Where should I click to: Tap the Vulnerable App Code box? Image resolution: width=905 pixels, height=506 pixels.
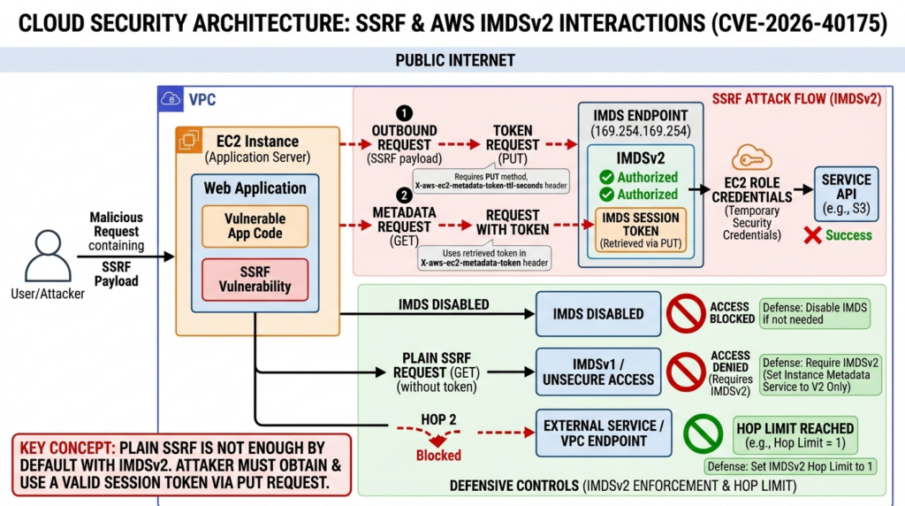255,226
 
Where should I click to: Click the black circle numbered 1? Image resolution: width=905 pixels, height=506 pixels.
404,113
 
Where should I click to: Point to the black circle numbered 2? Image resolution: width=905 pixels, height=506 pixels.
404,196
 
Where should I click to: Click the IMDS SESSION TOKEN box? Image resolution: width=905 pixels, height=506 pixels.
642,229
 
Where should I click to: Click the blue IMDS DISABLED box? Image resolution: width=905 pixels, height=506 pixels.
598,314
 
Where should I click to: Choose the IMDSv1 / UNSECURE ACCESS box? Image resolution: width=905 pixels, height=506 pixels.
598,372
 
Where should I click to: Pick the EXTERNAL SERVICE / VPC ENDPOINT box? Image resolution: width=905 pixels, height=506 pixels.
598,433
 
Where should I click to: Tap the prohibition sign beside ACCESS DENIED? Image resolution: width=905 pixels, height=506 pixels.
685,372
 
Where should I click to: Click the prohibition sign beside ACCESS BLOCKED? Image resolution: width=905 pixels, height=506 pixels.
685,313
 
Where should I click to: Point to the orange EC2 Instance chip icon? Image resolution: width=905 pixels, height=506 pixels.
188,142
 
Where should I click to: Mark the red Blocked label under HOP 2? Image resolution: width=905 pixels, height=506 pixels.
439,455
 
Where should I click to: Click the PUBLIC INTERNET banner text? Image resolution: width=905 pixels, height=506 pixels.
455,60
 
